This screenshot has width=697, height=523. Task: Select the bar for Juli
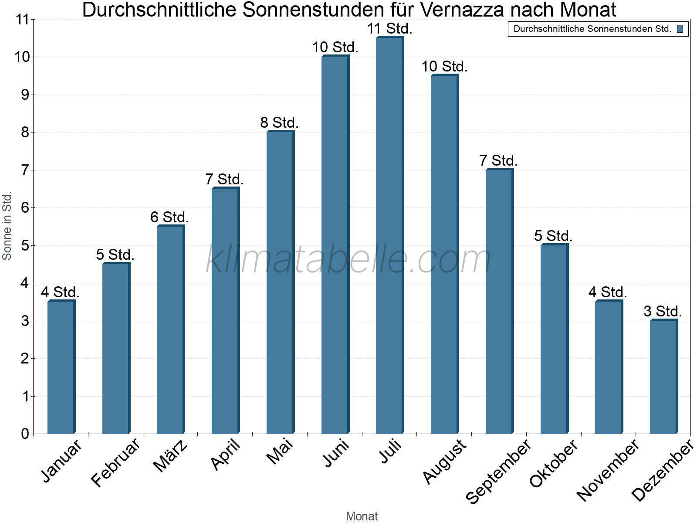point(390,235)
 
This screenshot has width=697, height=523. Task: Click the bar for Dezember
point(663,377)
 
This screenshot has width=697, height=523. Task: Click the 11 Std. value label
point(389,29)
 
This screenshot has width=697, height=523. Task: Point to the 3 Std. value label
point(663,312)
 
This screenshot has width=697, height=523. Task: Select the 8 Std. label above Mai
point(280,123)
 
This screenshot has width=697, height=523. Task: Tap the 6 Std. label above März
point(169,217)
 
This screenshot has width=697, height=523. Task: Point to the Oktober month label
point(554,463)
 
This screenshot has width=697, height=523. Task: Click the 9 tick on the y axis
point(24,95)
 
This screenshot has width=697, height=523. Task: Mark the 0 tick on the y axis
point(24,434)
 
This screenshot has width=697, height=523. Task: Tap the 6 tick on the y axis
point(24,207)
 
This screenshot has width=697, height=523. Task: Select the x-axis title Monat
point(362,516)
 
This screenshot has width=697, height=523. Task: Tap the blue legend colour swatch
point(680,29)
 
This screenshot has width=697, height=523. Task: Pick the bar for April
point(225,311)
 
